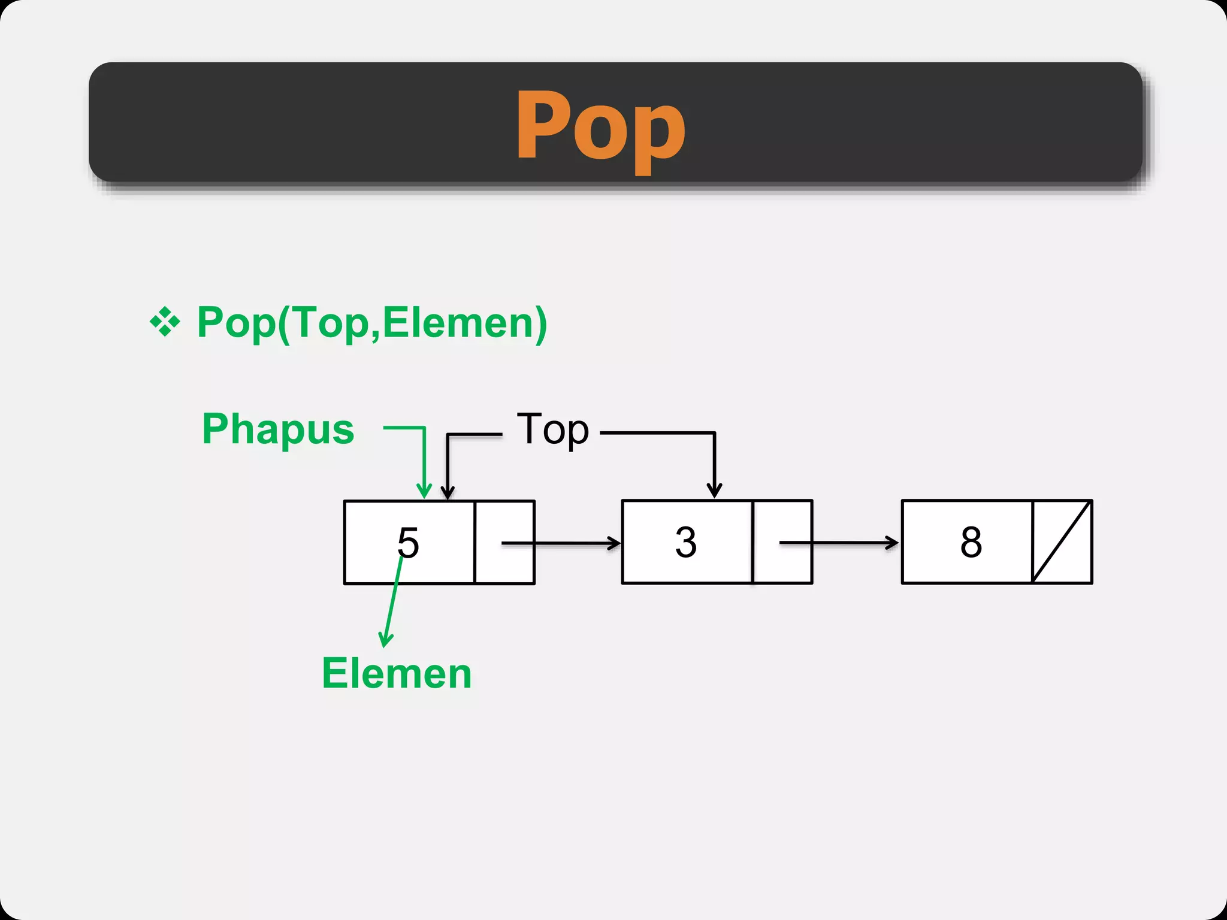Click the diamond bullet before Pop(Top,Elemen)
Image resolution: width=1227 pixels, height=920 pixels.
point(165,322)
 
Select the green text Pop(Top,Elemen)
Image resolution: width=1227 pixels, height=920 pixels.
point(372,323)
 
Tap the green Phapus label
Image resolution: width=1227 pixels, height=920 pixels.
point(278,429)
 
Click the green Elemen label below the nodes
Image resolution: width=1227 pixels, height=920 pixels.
point(397,673)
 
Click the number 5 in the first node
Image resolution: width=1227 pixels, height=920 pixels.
point(408,543)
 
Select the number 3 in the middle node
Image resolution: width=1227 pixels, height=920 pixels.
point(686,542)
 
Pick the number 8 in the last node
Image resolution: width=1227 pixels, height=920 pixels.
point(971,542)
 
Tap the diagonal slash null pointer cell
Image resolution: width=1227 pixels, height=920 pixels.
point(1062,542)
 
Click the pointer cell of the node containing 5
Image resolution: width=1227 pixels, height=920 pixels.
point(504,542)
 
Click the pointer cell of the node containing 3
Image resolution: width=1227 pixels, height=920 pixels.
point(782,542)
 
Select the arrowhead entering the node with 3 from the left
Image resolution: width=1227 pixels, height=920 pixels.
point(615,543)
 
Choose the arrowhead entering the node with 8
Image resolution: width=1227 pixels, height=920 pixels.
point(893,543)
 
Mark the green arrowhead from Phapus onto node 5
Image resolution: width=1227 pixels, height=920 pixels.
point(424,492)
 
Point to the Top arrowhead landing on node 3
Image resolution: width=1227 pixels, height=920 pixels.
point(714,491)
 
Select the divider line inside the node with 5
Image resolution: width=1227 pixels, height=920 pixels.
point(475,542)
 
